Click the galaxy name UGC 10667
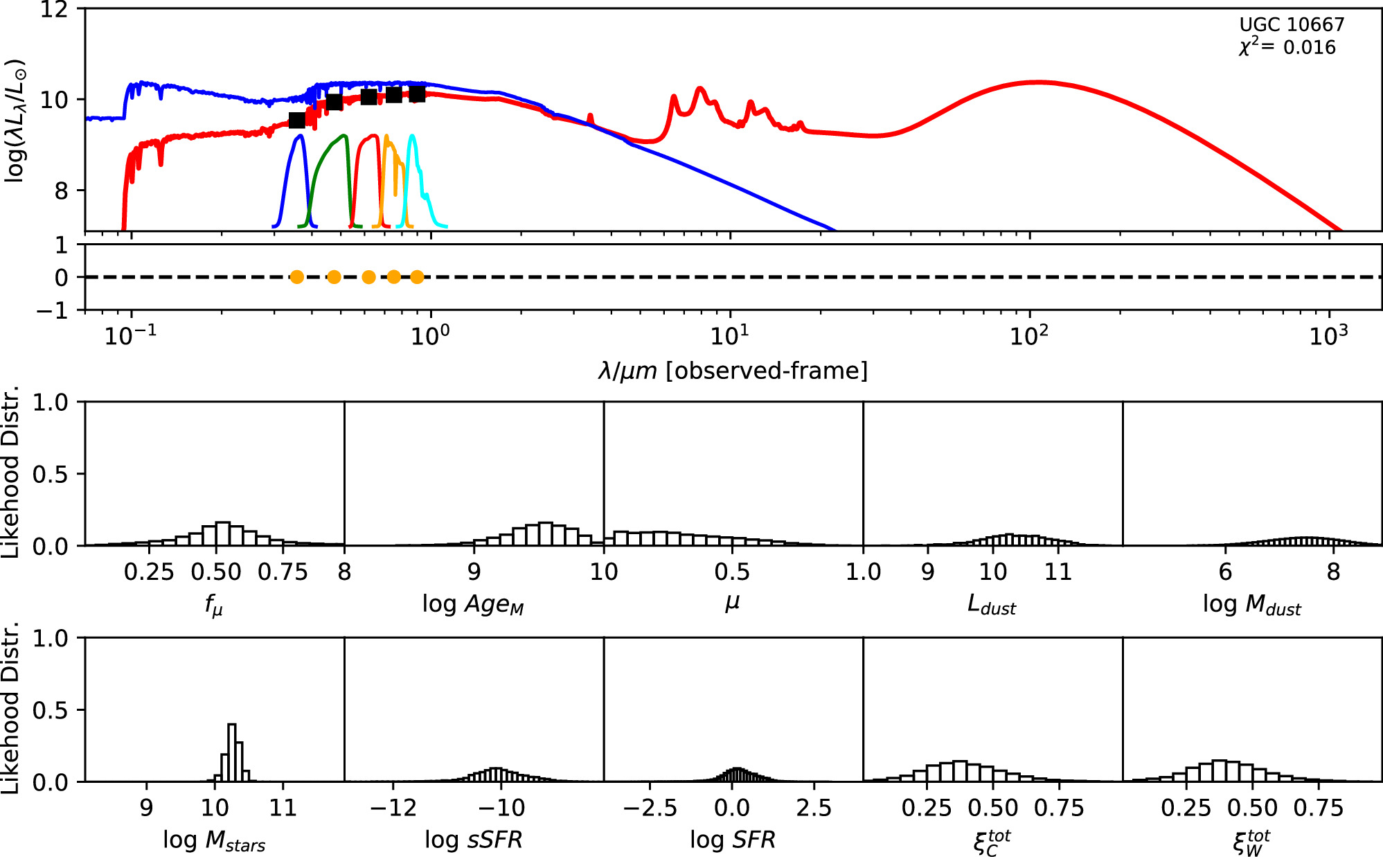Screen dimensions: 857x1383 pyautogui.click(x=1291, y=25)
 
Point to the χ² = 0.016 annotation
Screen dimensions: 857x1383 pyautogui.click(x=1287, y=47)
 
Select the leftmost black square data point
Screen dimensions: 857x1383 pyautogui.click(x=296, y=121)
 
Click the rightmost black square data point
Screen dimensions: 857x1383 pyautogui.click(x=416, y=94)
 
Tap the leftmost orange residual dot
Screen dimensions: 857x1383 pyautogui.click(x=296, y=277)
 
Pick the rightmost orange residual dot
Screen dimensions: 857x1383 pyautogui.click(x=416, y=277)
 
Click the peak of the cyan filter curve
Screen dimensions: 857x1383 pyautogui.click(x=412, y=136)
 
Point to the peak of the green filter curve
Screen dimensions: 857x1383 pyautogui.click(x=343, y=136)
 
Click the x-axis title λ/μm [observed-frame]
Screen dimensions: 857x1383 pyautogui.click(x=733, y=371)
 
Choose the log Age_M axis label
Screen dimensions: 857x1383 pyautogui.click(x=473, y=605)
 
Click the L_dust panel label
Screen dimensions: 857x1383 pyautogui.click(x=991, y=605)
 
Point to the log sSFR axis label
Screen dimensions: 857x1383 pyautogui.click(x=473, y=840)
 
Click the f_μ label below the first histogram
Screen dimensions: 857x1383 pyautogui.click(x=214, y=605)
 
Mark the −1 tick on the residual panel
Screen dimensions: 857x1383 pyautogui.click(x=53, y=310)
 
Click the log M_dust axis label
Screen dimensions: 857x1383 pyautogui.click(x=1251, y=605)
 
